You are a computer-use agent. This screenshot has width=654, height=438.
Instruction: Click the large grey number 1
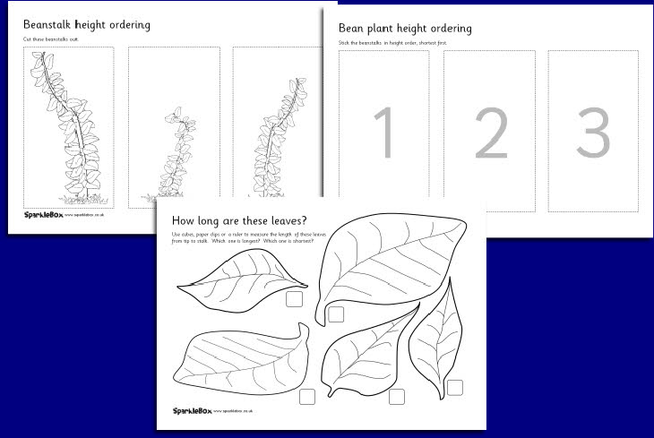click(383, 134)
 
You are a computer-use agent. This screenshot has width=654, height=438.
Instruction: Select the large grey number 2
click(489, 134)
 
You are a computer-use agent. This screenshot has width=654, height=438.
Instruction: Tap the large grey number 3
click(593, 134)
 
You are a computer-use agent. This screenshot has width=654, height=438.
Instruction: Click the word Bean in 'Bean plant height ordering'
click(353, 29)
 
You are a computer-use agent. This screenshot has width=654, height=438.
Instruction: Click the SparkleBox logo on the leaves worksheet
click(195, 409)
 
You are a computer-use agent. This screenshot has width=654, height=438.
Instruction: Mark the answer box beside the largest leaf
click(336, 313)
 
